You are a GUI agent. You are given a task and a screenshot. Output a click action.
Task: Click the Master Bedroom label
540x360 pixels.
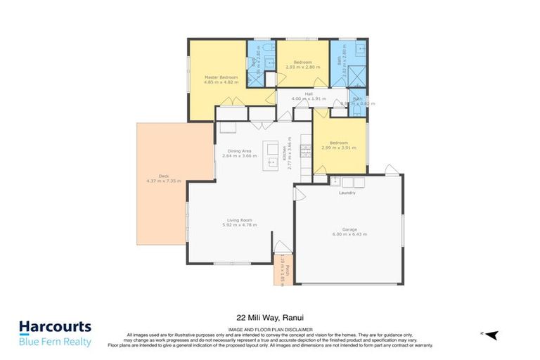(221, 77)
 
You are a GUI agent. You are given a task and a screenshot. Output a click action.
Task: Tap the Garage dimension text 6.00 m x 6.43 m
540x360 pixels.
(349, 234)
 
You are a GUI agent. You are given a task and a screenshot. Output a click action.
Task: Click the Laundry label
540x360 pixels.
(347, 193)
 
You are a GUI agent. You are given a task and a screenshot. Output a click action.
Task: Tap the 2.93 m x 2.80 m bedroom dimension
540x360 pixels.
(302, 67)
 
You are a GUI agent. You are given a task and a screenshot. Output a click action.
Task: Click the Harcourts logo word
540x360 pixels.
(55, 327)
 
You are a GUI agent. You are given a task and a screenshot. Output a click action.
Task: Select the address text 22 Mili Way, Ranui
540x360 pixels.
(269, 316)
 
